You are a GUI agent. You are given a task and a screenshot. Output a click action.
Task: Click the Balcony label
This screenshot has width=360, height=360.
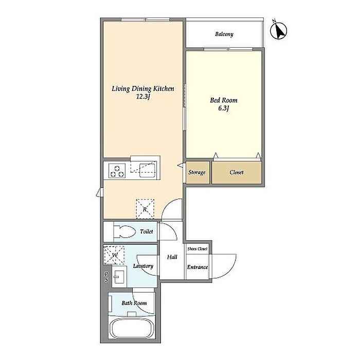pos(224,34)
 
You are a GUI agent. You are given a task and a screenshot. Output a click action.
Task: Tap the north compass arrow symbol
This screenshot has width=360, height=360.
pos(279,30)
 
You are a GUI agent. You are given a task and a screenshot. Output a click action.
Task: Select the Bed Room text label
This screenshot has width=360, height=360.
pos(224,100)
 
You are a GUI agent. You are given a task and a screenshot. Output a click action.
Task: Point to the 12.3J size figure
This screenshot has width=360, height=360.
pos(143,97)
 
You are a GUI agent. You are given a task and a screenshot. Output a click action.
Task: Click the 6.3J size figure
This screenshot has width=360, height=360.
pos(223,109)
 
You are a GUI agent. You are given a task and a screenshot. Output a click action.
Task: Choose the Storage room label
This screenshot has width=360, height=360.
pos(197,172)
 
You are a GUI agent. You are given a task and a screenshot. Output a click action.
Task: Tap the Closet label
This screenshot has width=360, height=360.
pos(237,172)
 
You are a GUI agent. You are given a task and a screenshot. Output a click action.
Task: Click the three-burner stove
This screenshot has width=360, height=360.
pos(117,171)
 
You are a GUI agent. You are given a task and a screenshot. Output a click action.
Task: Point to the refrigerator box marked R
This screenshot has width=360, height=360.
pos(145,209)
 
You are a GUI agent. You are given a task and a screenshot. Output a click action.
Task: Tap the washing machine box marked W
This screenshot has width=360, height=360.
pos(114,255)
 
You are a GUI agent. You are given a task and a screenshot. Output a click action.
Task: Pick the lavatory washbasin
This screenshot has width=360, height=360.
pos(119,277)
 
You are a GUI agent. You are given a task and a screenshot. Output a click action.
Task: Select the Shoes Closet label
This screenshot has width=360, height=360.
pos(197,248)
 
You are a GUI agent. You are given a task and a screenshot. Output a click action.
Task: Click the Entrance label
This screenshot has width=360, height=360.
pos(197,267)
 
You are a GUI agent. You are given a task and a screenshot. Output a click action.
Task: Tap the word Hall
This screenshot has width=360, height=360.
pos(172,257)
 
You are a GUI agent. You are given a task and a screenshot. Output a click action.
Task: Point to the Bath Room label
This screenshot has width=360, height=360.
pos(134,303)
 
